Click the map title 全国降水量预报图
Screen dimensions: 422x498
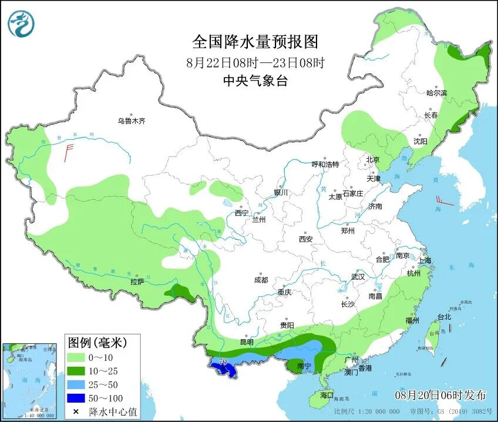point(255,42)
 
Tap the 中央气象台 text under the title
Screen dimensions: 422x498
point(255,81)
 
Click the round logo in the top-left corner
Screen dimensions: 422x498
point(21,23)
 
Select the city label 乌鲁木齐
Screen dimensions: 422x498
point(130,121)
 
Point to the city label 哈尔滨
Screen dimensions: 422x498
point(436,93)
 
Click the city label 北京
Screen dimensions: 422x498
point(373,159)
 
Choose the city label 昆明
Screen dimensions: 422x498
point(247,341)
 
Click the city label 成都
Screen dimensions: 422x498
point(261,280)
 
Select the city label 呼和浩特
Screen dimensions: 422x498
point(325,165)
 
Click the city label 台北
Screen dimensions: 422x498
point(444,317)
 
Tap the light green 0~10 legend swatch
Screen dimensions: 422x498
point(76,357)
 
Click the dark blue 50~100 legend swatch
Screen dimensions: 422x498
point(76,398)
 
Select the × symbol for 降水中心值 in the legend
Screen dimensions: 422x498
point(76,411)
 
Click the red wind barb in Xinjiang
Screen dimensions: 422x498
point(68,153)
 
